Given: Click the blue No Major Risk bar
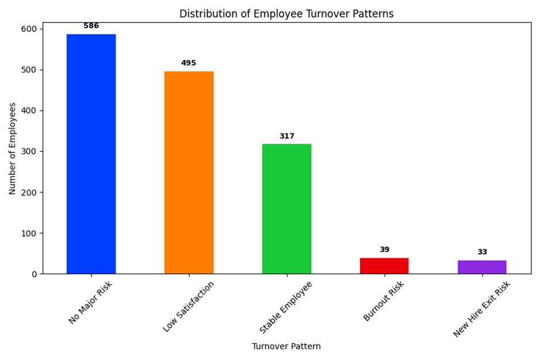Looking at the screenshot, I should click(91, 154).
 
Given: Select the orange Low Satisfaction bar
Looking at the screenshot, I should click(189, 173).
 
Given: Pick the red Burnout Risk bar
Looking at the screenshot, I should click(384, 266).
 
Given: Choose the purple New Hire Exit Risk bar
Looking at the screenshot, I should click(482, 267).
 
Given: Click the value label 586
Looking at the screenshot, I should click(91, 26).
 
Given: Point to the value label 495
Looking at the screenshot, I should click(189, 63).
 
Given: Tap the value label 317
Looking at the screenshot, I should click(286, 136).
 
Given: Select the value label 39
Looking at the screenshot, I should click(384, 250).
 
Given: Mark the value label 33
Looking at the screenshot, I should click(482, 252).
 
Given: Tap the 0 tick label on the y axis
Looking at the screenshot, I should click(34, 274).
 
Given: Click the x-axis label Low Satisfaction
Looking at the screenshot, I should click(189, 306).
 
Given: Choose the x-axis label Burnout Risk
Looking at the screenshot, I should click(384, 301).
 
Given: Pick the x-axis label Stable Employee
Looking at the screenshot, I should click(286, 307).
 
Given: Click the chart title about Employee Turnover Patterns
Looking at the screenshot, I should click(286, 14).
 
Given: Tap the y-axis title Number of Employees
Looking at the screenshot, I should click(13, 148).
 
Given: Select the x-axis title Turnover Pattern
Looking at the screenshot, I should click(286, 346).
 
